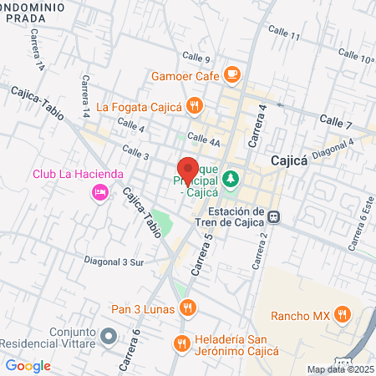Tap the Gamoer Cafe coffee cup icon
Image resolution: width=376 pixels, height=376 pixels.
[232, 75]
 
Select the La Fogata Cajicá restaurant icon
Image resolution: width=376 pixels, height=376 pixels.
[195, 105]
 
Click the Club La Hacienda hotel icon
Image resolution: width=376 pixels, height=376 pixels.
[99, 193]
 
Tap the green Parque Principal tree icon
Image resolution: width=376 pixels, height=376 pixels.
[231, 179]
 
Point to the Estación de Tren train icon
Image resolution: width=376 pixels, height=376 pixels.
[273, 218]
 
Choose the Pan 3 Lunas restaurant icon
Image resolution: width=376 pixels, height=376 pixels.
[189, 308]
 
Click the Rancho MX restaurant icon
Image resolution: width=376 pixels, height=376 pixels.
[342, 315]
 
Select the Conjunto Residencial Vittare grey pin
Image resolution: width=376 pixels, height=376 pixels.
[108, 337]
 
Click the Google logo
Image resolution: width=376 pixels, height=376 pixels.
[28, 365]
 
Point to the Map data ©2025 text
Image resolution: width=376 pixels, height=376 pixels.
[340, 369]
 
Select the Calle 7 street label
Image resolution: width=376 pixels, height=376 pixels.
[337, 123]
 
